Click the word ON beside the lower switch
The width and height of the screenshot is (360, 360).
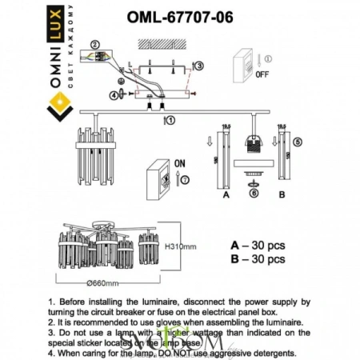coord(181,163)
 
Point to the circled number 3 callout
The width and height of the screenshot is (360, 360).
coord(198,66)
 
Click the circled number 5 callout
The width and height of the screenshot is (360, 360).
coord(298,142)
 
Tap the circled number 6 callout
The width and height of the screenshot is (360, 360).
coord(253,193)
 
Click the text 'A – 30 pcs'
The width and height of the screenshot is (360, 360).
coord(258,245)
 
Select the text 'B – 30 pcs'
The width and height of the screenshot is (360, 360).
coord(258,259)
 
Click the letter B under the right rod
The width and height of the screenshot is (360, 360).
coord(281,194)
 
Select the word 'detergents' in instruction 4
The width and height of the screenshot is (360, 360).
coord(268,353)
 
